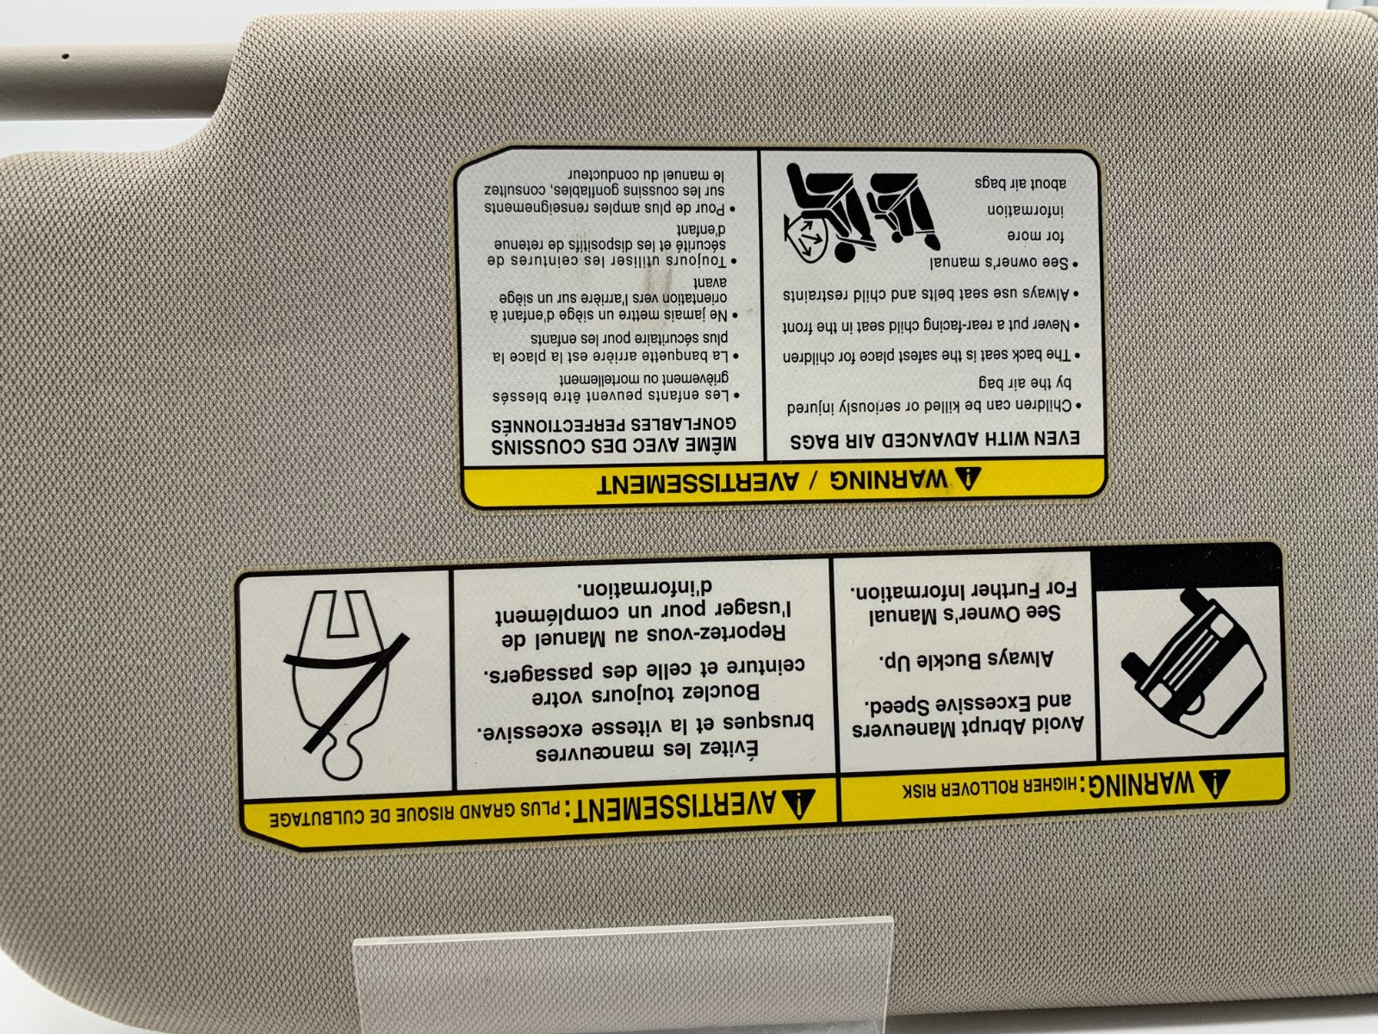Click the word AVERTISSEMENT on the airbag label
pos(698,483)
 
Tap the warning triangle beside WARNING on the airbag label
pos(967,478)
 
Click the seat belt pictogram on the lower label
pos(344,685)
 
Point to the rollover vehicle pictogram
pos(1192,665)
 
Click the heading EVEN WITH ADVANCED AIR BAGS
pos(934,439)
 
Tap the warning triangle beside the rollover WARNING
pos(1214,782)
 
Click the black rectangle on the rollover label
pos(1186,566)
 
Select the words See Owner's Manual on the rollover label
pos(965,614)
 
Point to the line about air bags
pos(1021,183)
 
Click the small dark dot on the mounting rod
pos(65,56)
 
